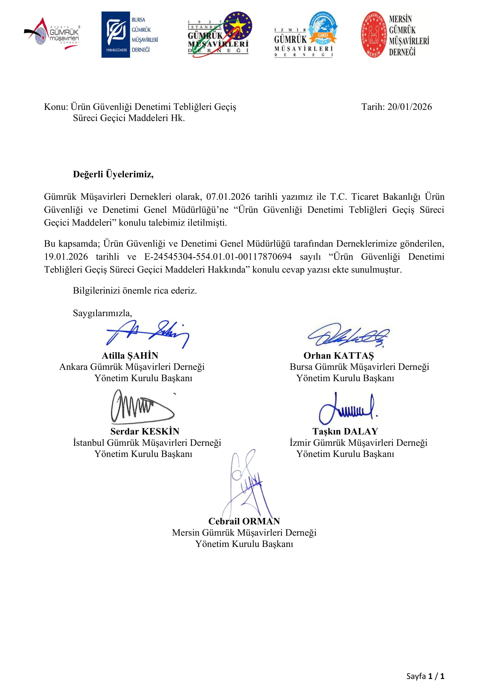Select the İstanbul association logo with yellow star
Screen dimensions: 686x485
coord(220,34)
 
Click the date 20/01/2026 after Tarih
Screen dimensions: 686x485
coord(409,107)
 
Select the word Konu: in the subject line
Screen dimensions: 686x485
coord(56,107)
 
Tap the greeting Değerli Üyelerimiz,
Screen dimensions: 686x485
coord(113,174)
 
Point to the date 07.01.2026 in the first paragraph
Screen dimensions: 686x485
coord(228,197)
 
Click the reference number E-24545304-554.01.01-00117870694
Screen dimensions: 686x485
coord(218,257)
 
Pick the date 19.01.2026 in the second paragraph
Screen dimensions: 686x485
coord(66,257)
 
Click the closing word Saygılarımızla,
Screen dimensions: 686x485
coord(102,313)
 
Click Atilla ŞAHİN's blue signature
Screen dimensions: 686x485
coord(148,334)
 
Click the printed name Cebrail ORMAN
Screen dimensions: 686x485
coord(244,521)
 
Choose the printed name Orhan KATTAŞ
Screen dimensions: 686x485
coord(339,355)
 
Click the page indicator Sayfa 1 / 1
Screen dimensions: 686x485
coord(425,676)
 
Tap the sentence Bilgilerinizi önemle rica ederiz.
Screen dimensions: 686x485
coord(135,290)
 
